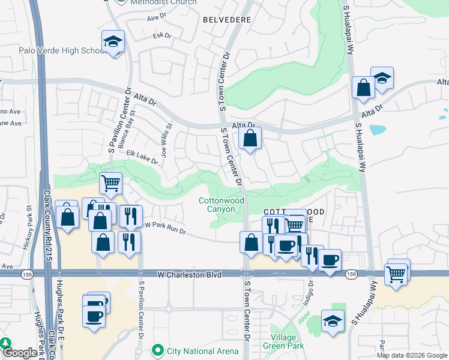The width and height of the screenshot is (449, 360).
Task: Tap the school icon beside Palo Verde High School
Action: coord(113,42)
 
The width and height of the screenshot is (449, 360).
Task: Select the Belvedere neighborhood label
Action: coord(226,19)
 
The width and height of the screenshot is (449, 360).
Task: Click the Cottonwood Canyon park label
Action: coord(221,204)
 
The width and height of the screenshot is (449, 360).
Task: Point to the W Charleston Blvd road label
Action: coord(181,274)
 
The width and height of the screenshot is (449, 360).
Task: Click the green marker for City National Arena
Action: coord(158,349)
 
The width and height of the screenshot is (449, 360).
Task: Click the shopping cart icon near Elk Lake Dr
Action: coord(110,183)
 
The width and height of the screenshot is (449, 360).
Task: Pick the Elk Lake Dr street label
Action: coord(142,157)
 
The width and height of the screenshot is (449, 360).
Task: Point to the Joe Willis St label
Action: coord(166,137)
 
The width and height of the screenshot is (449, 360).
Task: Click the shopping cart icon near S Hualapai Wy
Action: coord(397,274)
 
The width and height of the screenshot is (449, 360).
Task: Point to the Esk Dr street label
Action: coord(163,36)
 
